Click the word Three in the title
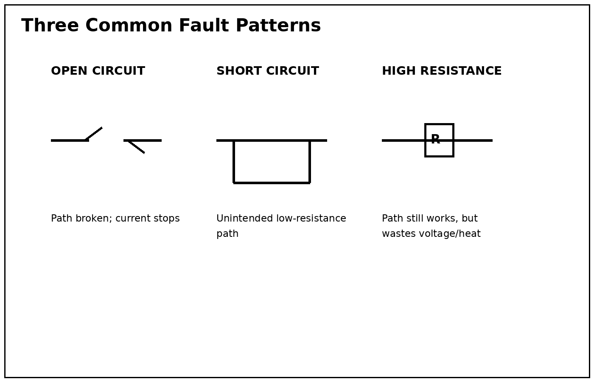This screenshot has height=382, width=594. [x=50, y=25]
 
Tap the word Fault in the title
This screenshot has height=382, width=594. [x=204, y=25]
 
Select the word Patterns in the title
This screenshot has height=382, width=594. [x=278, y=25]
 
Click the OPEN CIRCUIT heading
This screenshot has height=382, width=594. [x=98, y=71]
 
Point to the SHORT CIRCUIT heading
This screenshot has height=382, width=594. [x=268, y=71]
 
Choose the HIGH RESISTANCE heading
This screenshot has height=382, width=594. [x=442, y=71]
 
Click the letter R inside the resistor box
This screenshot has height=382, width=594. [x=435, y=139]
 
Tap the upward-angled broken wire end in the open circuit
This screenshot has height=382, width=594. [x=94, y=134]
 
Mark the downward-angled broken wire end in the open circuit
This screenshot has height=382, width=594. [x=136, y=147]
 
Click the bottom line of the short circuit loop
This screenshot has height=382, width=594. [x=272, y=183]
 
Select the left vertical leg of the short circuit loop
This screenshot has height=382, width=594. [x=234, y=162]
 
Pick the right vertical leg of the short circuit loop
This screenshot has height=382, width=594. [x=310, y=162]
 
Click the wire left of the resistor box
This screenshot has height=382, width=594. [x=403, y=140]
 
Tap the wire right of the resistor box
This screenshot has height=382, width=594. [x=474, y=140]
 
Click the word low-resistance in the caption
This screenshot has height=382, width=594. [x=311, y=218]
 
